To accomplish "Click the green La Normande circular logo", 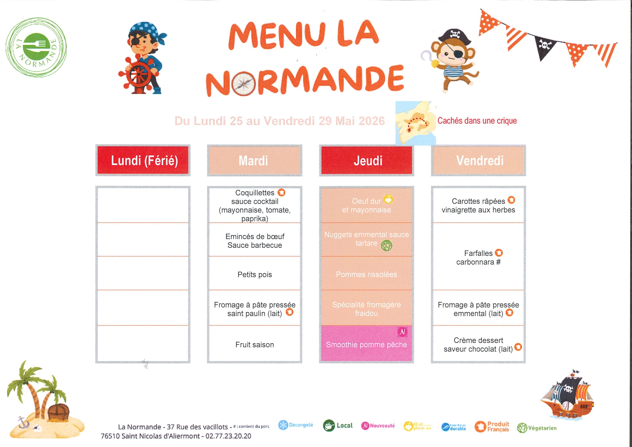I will click(36, 47).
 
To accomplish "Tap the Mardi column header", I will click(254, 160).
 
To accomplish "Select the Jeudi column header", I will click(367, 160).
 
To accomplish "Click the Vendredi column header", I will click(479, 160).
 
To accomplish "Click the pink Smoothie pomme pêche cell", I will click(366, 344).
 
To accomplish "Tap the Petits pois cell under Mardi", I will click(255, 274).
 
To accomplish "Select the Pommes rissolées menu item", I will click(366, 274).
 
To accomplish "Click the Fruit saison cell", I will click(255, 345).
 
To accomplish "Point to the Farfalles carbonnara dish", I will click(478, 257).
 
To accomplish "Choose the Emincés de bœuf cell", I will click(255, 241).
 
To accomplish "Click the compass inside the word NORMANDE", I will click(244, 84).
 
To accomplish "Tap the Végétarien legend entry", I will click(537, 428).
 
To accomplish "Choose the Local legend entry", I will click(338, 425).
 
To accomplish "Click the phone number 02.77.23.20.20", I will click(228, 436).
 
